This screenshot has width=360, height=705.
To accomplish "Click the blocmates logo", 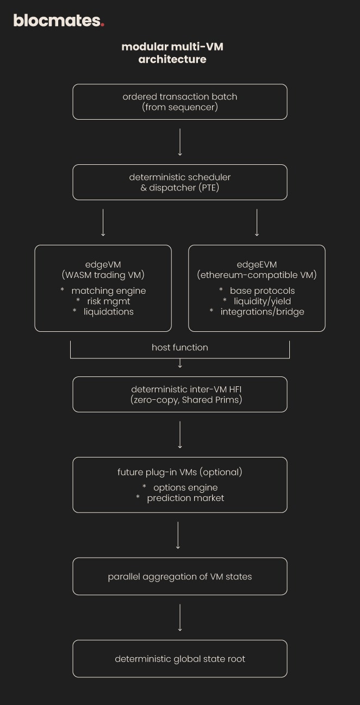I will (x=58, y=21).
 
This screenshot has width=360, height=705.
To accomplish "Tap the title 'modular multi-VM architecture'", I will (x=172, y=53).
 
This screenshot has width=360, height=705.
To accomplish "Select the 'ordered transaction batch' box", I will (x=180, y=102).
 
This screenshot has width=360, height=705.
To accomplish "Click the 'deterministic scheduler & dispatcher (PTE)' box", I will (x=180, y=182).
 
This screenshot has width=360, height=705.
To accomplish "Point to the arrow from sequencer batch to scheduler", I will (x=180, y=142).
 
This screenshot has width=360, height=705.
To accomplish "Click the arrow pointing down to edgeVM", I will (x=103, y=222).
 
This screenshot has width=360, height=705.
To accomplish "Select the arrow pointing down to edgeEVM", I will (x=257, y=222).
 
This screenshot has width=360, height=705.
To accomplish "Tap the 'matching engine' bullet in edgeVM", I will (x=108, y=290).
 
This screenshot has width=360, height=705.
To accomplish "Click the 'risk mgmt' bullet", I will (x=108, y=301).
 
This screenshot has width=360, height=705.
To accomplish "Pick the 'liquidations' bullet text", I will (x=108, y=312).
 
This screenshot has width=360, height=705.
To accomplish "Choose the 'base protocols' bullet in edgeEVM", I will (x=262, y=290).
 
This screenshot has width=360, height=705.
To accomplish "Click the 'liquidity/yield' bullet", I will (x=262, y=301).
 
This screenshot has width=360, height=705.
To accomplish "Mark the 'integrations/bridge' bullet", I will (x=262, y=312).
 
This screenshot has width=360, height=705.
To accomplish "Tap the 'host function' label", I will (x=180, y=347).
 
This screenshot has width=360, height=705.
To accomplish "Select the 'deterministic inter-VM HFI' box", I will (x=180, y=394).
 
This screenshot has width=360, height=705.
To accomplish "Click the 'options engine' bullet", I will (x=185, y=487).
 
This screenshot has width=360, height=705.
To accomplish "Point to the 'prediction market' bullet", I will (x=185, y=498).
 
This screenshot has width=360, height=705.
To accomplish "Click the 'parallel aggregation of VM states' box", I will (x=180, y=576).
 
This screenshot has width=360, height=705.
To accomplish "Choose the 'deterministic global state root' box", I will (x=180, y=659).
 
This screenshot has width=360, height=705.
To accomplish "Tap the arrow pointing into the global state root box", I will (x=180, y=617).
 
